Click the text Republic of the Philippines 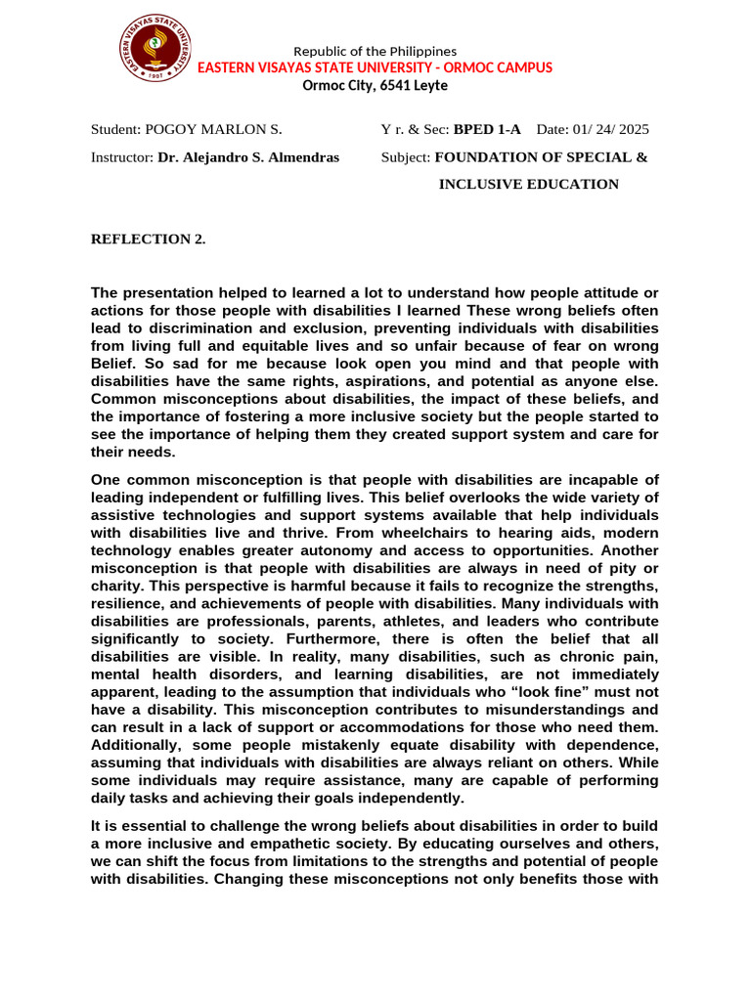pyautogui.click(x=375, y=51)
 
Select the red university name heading pyautogui.click(x=375, y=67)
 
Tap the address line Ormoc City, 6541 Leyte pyautogui.click(x=375, y=85)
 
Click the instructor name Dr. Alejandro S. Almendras pyautogui.click(x=248, y=156)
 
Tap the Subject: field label pyautogui.click(x=405, y=156)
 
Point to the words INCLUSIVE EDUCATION pyautogui.click(x=528, y=184)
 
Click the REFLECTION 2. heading pyautogui.click(x=148, y=239)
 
